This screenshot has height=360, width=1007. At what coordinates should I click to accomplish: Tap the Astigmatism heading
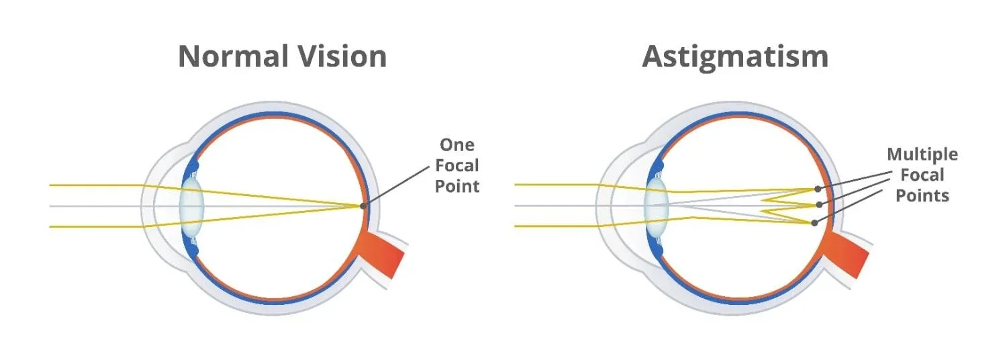[735, 56]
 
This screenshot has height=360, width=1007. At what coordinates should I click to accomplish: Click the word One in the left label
[457, 145]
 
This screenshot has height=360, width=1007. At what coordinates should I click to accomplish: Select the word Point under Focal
[457, 185]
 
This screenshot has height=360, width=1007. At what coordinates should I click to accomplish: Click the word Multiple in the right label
[922, 154]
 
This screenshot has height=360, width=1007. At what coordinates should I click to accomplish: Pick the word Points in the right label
[922, 195]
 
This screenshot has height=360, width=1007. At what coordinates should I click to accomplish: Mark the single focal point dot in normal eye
[363, 206]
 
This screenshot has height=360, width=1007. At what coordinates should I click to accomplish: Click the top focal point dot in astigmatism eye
[817, 189]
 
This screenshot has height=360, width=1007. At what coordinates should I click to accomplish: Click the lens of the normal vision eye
[192, 206]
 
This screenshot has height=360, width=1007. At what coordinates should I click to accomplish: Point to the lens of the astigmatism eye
[655, 206]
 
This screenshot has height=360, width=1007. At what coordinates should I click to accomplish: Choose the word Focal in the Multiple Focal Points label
[922, 175]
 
